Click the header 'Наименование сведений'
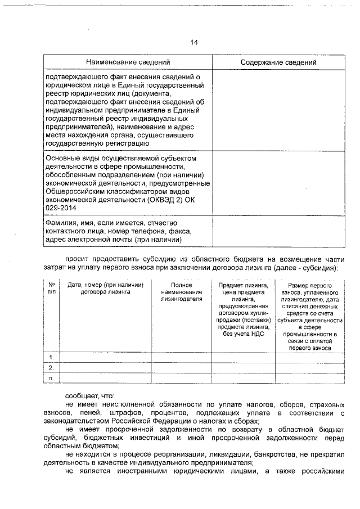pyautogui.click(x=128, y=62)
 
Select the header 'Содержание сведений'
pyautogui.click(x=278, y=62)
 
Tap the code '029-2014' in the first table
pyautogui.click(x=58, y=208)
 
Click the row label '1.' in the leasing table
pyautogui.click(x=52, y=357)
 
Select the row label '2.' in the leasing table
pyautogui.click(x=52, y=367)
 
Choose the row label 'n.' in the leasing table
pyautogui.click(x=52, y=377)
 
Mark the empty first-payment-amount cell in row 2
pyautogui.click(x=309, y=367)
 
